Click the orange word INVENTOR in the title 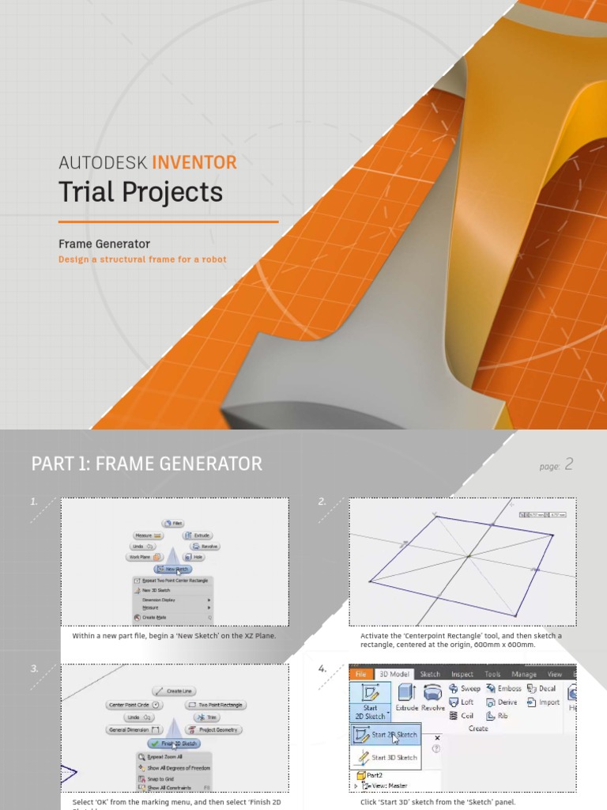(x=194, y=163)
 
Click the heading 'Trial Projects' (x=141, y=192)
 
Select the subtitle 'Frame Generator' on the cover (x=104, y=244)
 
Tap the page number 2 (x=568, y=464)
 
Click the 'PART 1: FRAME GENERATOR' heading (x=147, y=464)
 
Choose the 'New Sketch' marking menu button (x=173, y=569)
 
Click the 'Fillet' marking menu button (x=173, y=524)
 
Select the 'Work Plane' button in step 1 (x=144, y=557)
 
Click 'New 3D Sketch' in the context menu (x=156, y=590)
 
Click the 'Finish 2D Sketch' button (x=173, y=744)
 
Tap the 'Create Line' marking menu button (x=174, y=691)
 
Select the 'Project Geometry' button (x=215, y=729)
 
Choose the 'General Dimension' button (x=134, y=729)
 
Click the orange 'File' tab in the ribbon (x=360, y=674)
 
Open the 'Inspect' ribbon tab (x=462, y=674)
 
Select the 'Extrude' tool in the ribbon (x=407, y=697)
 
